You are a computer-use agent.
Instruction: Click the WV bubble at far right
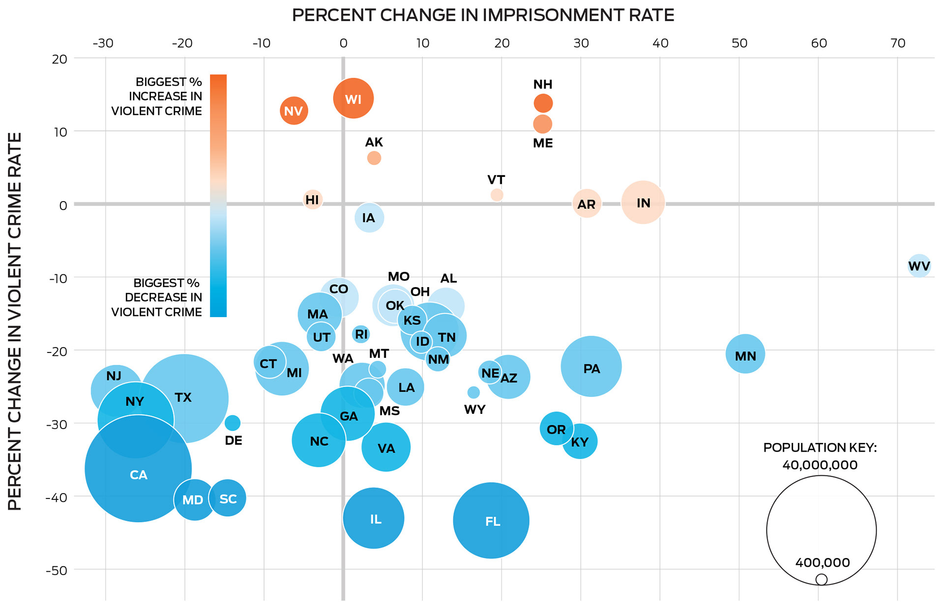[x=918, y=266]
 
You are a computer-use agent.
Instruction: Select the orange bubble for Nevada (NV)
[x=294, y=111]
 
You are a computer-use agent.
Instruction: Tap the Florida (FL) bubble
[x=491, y=521]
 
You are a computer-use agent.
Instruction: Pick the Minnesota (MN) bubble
[x=745, y=354]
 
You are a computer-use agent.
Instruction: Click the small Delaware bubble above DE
[x=233, y=423]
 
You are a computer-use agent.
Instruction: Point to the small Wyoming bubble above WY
[x=473, y=392]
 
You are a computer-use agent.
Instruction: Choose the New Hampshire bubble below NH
[x=543, y=103]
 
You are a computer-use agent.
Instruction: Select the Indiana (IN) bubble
[x=643, y=203]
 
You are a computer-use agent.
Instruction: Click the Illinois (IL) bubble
[x=374, y=518]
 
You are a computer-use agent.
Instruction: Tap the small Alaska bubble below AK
[x=374, y=158]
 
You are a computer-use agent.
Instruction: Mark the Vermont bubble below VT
[x=497, y=195]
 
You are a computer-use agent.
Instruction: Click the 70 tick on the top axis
[x=898, y=43]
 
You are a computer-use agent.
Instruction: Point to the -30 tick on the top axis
[x=103, y=43]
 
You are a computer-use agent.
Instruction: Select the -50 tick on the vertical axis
[x=57, y=570]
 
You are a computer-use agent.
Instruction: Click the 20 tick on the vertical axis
[x=59, y=59]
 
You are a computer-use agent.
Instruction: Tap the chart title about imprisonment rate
[x=483, y=15]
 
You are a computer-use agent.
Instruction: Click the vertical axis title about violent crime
[x=15, y=321]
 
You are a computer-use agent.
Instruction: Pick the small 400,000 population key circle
[x=821, y=580]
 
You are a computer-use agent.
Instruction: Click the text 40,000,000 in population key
[x=820, y=465]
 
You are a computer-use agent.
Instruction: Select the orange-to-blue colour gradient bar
[x=218, y=196]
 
